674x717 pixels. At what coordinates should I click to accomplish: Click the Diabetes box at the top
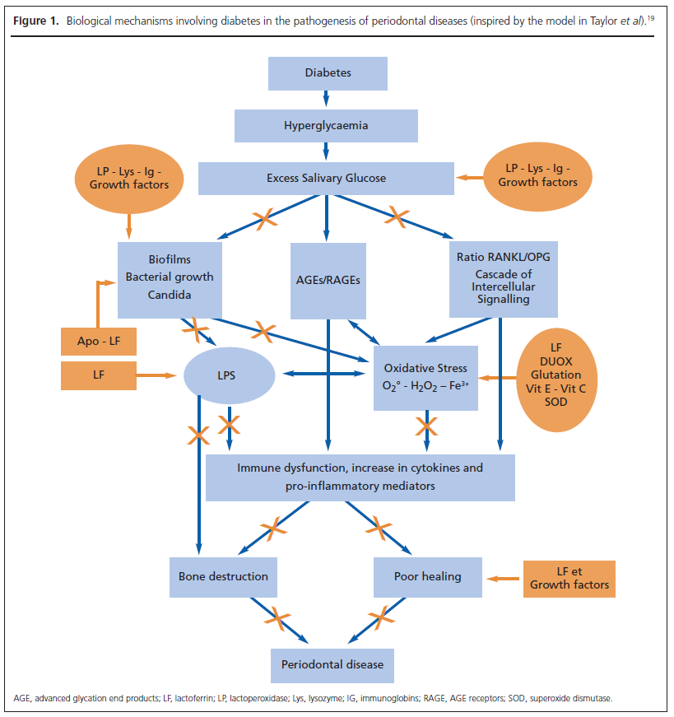(328, 73)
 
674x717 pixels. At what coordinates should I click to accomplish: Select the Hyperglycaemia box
(326, 126)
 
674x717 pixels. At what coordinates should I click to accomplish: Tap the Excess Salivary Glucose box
(326, 178)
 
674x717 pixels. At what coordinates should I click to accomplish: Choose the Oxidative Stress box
(425, 377)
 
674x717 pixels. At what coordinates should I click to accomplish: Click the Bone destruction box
(223, 576)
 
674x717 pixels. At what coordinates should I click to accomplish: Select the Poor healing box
(428, 576)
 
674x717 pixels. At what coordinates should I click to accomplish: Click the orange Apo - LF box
(99, 340)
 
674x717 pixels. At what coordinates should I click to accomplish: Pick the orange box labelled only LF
(99, 375)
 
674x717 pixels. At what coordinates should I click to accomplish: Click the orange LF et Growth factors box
(569, 577)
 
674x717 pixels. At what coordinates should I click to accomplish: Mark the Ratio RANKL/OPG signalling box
(503, 279)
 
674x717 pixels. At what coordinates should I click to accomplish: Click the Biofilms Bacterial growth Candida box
(170, 278)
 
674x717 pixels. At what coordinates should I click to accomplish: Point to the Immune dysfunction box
(360, 476)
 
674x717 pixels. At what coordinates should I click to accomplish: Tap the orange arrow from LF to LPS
(156, 375)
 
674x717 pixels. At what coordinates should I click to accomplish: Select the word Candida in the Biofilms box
(169, 294)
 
